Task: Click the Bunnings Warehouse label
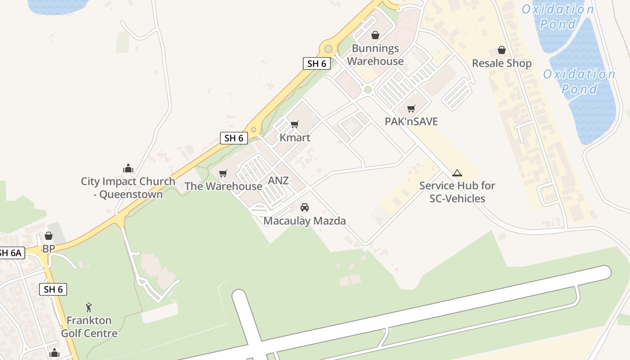(375, 55)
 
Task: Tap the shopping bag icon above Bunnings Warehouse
(375, 35)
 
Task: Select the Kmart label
(295, 138)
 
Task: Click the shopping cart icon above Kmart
(295, 124)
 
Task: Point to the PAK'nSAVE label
(411, 121)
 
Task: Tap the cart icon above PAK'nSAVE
(411, 108)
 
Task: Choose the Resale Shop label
(502, 63)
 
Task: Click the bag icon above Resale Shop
(502, 50)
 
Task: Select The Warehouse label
(223, 186)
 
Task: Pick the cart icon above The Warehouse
(223, 173)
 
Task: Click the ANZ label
(278, 181)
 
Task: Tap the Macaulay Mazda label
(305, 221)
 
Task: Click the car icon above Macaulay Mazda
(305, 207)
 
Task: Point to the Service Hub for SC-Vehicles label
(457, 192)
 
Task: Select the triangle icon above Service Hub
(457, 173)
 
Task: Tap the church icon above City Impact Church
(128, 169)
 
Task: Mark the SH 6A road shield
(10, 253)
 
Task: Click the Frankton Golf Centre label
(89, 327)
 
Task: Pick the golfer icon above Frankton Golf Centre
(89, 307)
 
